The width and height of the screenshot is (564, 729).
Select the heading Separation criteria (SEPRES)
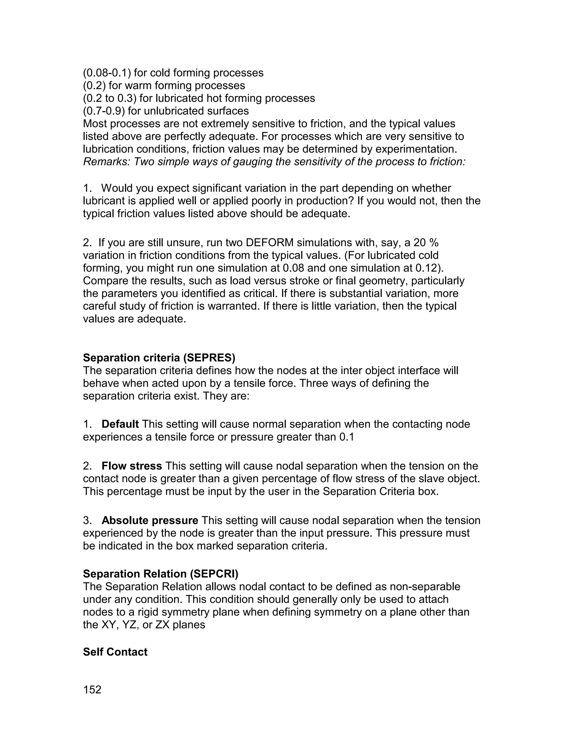[159, 358]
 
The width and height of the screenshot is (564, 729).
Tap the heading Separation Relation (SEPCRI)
[160, 574]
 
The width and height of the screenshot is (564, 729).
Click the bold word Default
[120, 424]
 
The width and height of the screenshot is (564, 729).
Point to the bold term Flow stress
[132, 466]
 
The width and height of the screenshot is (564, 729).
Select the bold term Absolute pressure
[150, 520]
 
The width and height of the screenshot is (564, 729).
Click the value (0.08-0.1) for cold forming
[107, 73]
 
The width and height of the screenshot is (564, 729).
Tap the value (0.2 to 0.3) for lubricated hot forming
[110, 98]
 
